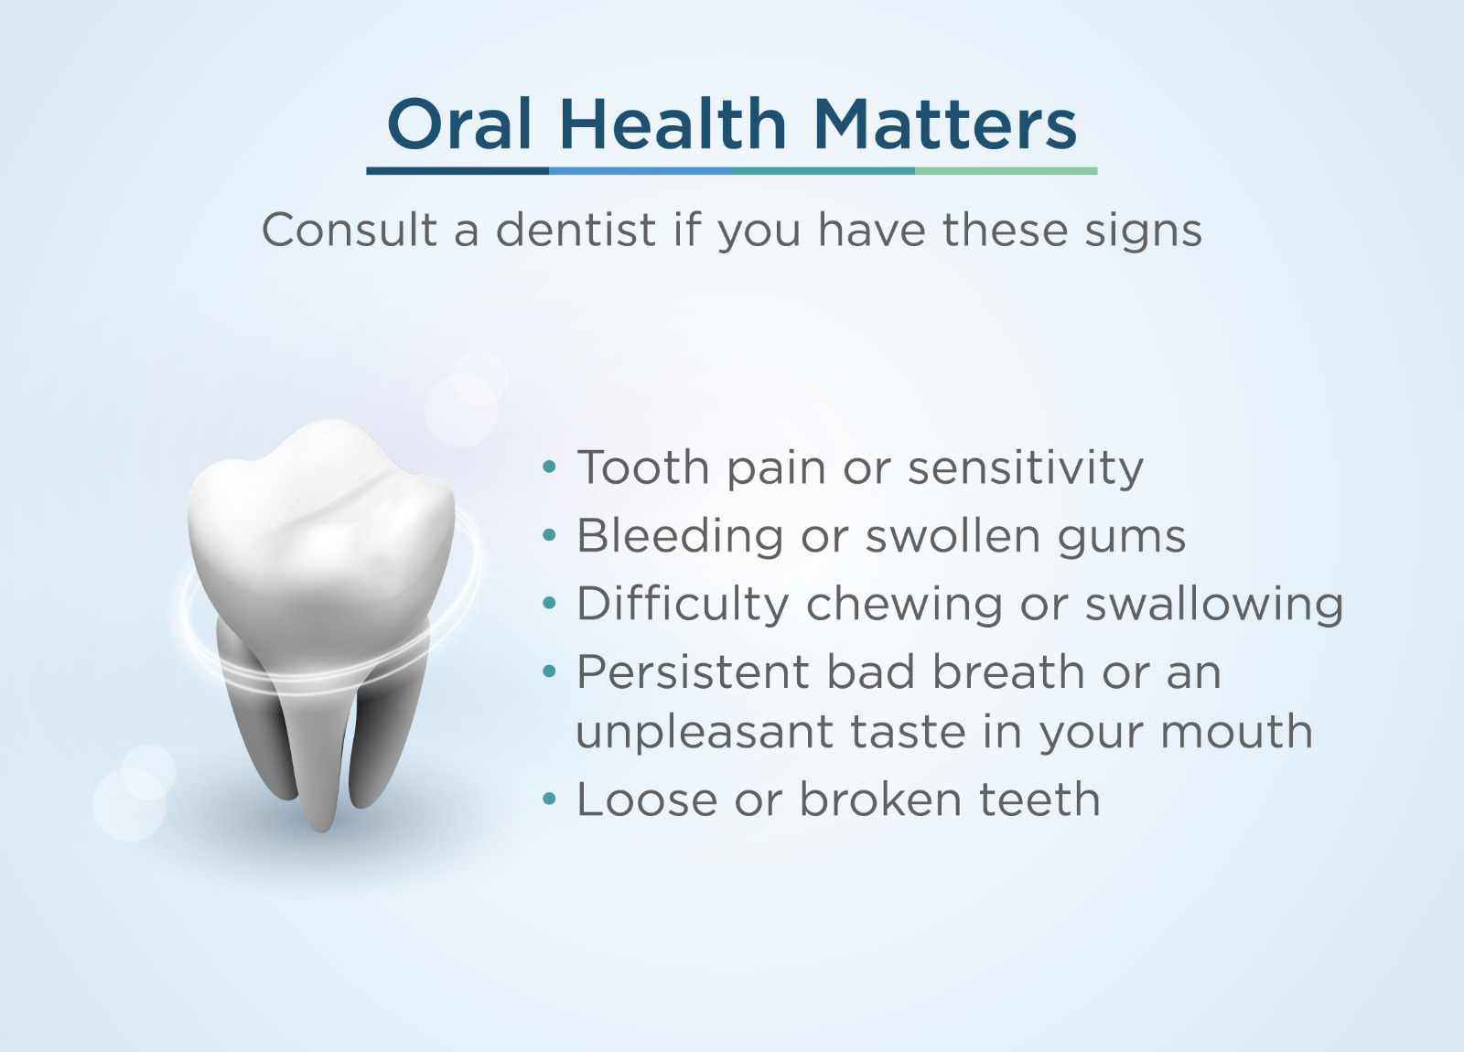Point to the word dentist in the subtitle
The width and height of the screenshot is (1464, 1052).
click(576, 230)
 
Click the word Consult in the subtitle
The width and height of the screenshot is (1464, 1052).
click(350, 230)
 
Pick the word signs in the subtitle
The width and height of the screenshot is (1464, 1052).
click(1143, 232)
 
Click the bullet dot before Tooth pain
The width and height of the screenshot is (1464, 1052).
click(550, 467)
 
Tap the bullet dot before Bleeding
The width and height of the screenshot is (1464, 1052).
click(550, 535)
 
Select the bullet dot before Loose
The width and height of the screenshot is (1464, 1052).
click(550, 799)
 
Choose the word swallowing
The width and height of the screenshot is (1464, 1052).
click(1214, 605)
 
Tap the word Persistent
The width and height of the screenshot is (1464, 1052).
click(693, 671)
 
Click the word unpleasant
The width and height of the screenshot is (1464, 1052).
click(705, 733)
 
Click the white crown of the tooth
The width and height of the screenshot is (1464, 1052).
click(321, 536)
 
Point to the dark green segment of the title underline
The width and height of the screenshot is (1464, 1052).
click(823, 171)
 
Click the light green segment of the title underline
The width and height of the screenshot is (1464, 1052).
click(1006, 171)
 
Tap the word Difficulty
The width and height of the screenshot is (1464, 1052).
click(683, 604)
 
